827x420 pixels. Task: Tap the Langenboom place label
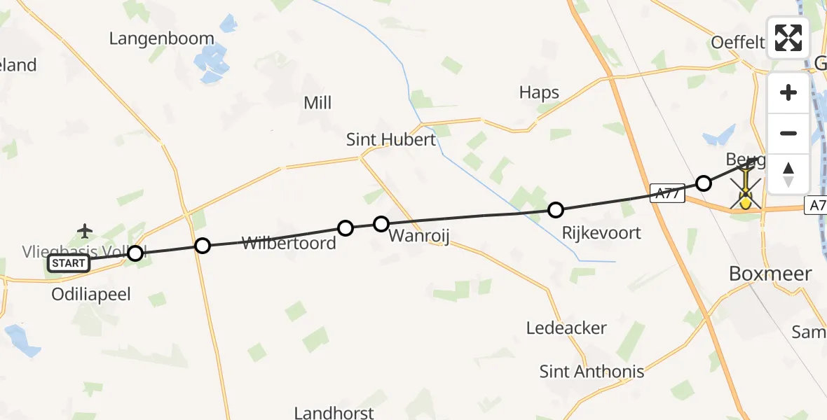[x=161, y=38]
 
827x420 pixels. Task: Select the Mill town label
[x=317, y=103]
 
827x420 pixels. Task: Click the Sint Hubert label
[x=391, y=139]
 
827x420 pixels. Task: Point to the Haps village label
[x=539, y=92]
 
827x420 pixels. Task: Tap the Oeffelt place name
[x=738, y=42]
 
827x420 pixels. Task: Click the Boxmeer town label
[x=770, y=273]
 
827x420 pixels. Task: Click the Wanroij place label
[x=418, y=235]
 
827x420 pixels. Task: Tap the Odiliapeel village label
[x=91, y=295]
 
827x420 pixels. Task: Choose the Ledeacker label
[x=566, y=328]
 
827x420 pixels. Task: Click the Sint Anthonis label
[x=592, y=371]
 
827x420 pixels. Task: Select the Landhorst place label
[x=334, y=413]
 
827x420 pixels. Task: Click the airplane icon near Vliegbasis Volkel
[x=86, y=230]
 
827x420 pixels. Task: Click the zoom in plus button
[x=788, y=93]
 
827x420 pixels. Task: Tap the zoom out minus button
[x=788, y=134]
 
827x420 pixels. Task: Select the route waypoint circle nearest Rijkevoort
[x=556, y=209]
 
